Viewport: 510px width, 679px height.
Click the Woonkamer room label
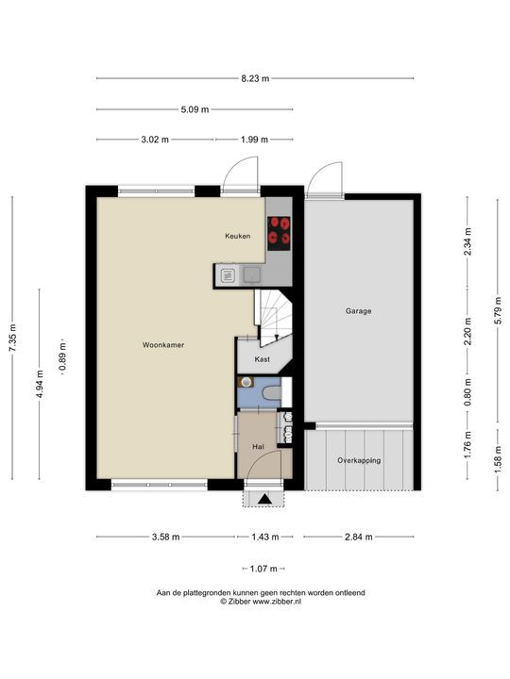163,345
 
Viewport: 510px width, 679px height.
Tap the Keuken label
238,236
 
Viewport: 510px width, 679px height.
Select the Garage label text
359,311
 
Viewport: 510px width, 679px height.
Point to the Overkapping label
359,460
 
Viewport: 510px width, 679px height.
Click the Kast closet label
263,359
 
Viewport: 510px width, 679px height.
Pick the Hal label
258,446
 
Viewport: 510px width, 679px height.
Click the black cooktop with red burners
280,233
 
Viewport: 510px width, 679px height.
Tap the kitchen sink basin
251,274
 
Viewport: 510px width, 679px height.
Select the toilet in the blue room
272,392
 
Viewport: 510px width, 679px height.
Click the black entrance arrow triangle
264,499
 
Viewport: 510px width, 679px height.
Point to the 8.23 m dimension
255,78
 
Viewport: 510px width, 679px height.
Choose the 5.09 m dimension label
195,109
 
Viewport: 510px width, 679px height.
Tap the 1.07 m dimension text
263,569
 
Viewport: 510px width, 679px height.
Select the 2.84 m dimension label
359,537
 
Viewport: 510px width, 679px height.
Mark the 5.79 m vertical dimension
498,310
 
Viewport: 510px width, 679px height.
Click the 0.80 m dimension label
467,392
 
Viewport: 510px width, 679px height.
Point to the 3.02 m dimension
155,140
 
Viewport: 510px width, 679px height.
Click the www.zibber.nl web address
277,601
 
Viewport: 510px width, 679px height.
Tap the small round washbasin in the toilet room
246,382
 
